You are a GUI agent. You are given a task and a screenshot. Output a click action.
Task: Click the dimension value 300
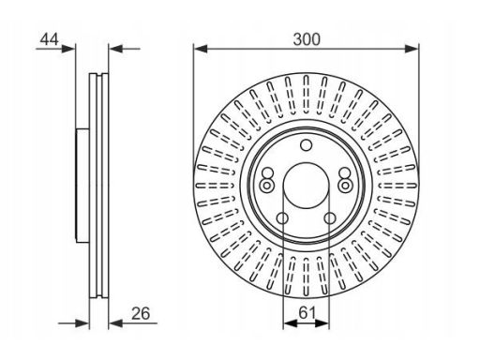coord(307,39)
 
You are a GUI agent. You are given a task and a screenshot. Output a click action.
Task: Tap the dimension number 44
coord(49,39)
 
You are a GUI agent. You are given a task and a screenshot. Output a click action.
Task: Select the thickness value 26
coord(141,313)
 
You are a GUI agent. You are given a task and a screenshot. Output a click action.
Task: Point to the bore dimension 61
coord(307,313)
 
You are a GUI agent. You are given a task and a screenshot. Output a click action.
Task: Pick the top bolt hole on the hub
coord(306,145)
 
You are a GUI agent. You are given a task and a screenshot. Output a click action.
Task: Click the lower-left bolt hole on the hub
coord(282,218)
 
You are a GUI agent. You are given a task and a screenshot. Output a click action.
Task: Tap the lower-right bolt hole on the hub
coord(330,218)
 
